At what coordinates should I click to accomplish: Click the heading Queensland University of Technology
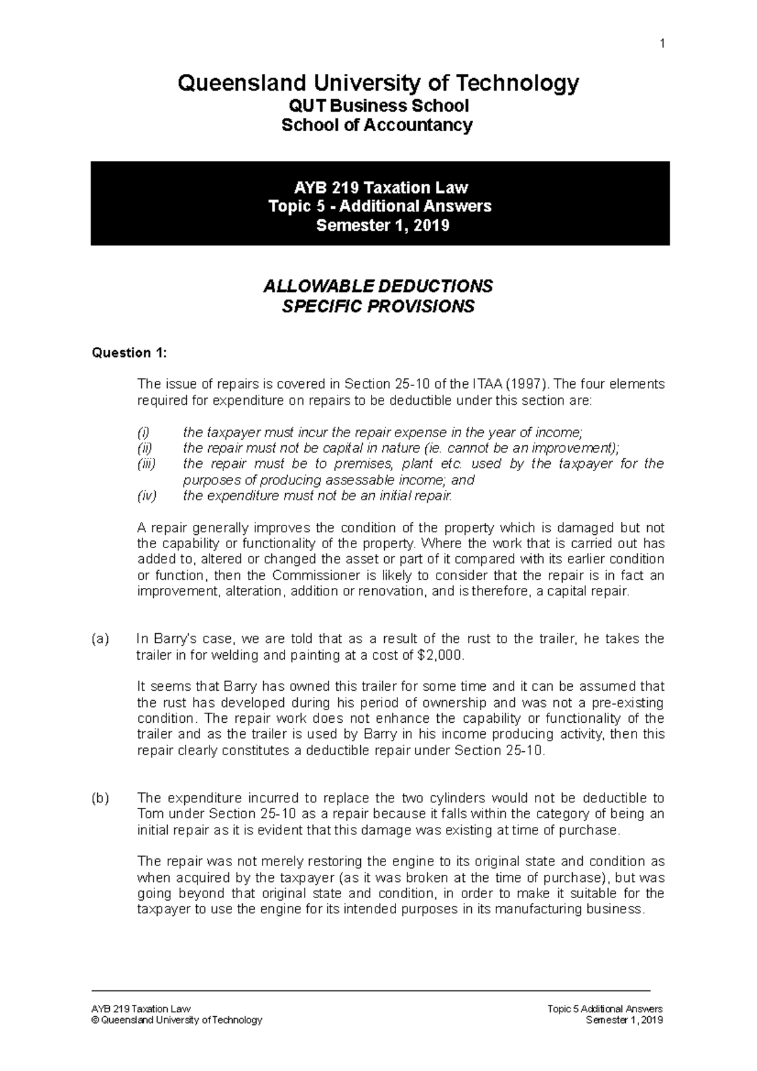pyautogui.click(x=378, y=83)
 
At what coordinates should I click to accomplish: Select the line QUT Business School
pyautogui.click(x=377, y=105)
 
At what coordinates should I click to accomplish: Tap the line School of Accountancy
pyautogui.click(x=377, y=125)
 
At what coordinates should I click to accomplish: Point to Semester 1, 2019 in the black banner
pyautogui.click(x=382, y=225)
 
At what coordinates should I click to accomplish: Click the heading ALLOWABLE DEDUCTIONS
pyautogui.click(x=377, y=286)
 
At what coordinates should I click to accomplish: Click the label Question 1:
pyautogui.click(x=129, y=353)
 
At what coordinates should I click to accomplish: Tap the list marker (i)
pyautogui.click(x=144, y=433)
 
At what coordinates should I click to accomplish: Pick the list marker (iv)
pyautogui.click(x=146, y=496)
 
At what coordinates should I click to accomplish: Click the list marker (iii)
pyautogui.click(x=146, y=464)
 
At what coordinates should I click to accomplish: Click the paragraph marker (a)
pyautogui.click(x=100, y=639)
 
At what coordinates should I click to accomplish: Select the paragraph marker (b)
pyautogui.click(x=100, y=799)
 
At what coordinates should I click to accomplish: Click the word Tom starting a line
pyautogui.click(x=149, y=814)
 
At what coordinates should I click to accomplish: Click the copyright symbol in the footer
pyautogui.click(x=95, y=1021)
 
